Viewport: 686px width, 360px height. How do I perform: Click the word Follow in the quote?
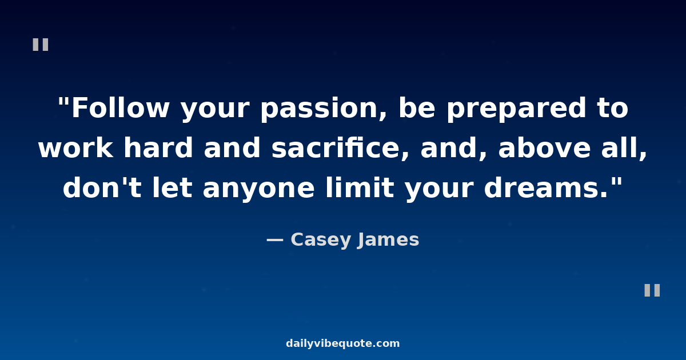click(120, 107)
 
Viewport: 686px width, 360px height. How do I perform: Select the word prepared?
click(517, 109)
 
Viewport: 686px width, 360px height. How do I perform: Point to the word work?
click(75, 147)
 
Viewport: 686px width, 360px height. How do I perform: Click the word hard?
click(158, 147)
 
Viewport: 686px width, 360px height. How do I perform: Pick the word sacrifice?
click(340, 148)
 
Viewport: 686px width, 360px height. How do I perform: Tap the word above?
click(544, 147)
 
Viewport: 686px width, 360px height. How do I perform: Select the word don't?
click(102, 187)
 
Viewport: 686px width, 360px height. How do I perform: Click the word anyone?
click(259, 190)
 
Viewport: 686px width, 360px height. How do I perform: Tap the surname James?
click(388, 240)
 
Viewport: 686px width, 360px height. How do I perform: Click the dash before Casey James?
click(275, 240)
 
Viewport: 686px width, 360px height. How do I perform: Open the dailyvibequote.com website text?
click(342, 343)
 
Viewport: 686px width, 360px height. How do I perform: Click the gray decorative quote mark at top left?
click(41, 45)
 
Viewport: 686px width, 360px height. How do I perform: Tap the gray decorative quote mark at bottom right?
click(652, 290)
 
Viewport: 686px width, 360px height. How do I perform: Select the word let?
click(172, 187)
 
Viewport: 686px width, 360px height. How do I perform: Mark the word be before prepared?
click(417, 107)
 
